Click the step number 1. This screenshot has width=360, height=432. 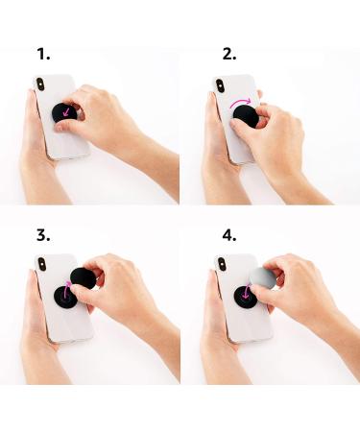[x=43, y=55]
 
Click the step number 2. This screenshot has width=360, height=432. [x=228, y=55]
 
